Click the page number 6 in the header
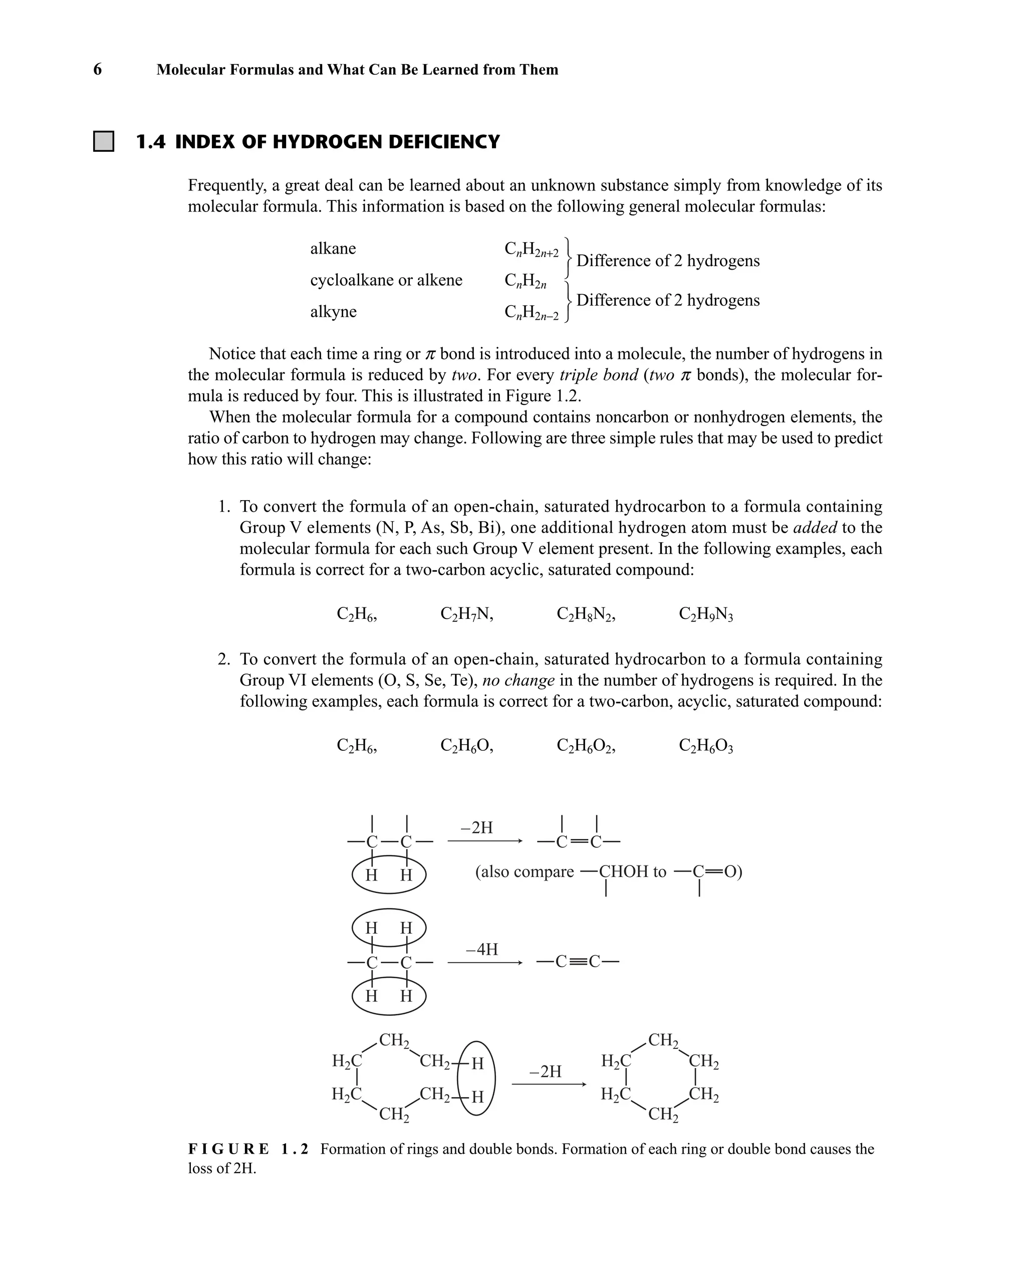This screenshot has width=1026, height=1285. tap(97, 70)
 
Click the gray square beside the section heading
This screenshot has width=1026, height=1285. tap(104, 141)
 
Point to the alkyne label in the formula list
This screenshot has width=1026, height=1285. tap(333, 312)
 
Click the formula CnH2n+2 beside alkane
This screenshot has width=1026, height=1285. tap(531, 250)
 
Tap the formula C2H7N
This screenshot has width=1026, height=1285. tap(466, 614)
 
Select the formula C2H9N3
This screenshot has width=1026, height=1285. tap(705, 614)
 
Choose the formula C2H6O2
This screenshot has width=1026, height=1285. tap(586, 746)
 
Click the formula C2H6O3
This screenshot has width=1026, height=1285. tap(705, 746)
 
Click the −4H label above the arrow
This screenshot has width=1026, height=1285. tap(481, 949)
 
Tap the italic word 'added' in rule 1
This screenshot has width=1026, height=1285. tap(815, 527)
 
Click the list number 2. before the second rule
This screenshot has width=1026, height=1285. tap(223, 659)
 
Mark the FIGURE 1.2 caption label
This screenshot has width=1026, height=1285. tap(248, 1149)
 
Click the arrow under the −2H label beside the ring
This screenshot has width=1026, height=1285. tap(549, 1084)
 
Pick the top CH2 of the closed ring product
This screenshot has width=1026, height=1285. tap(663, 1040)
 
